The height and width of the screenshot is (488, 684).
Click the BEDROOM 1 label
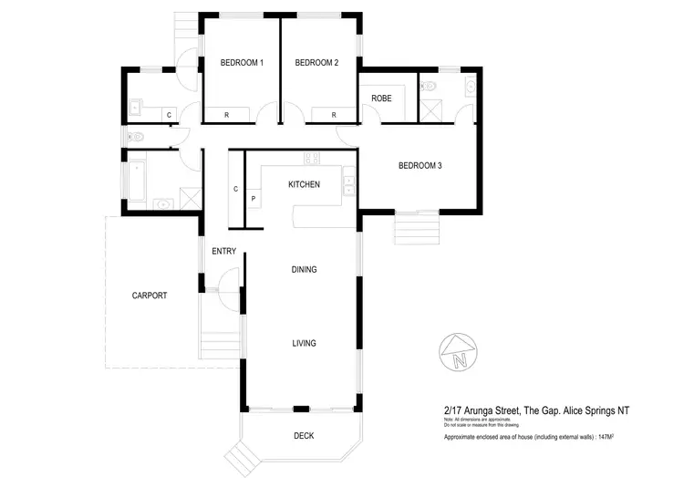242,63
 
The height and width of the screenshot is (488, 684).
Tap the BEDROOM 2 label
316,63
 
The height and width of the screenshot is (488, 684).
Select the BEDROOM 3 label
420,166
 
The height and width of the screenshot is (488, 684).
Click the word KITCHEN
304,184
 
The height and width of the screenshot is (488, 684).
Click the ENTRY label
223,251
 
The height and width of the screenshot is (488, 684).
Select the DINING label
304,269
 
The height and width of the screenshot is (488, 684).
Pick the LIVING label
304,343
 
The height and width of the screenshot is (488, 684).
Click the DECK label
304,436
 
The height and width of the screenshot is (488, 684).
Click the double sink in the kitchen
347,183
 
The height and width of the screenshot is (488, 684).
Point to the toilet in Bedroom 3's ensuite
430,86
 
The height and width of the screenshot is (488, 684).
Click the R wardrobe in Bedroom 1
227,115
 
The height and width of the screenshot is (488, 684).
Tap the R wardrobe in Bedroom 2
334,115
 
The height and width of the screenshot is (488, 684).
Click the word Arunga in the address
485,411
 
